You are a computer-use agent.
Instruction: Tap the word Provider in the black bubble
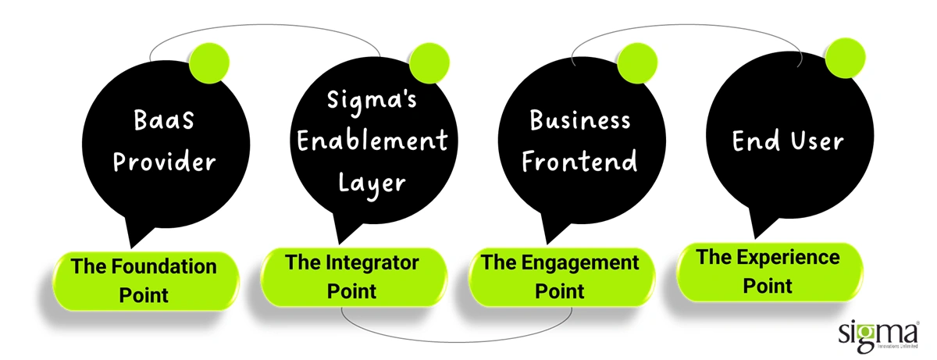tap(163, 163)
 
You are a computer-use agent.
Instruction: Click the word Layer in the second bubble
tap(372, 183)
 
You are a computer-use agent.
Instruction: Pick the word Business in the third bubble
tap(580, 121)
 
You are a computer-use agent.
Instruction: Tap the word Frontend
tap(580, 162)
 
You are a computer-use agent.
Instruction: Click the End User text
tap(787, 141)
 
